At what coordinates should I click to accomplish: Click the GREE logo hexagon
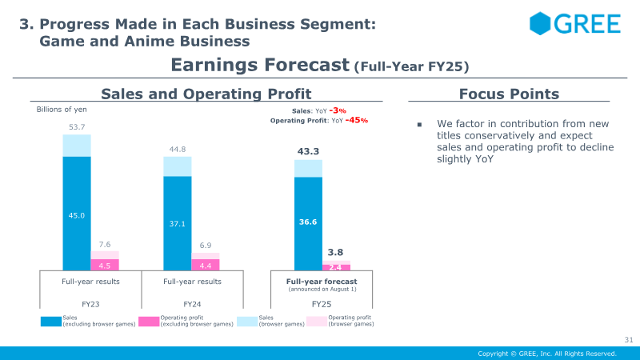point(540,23)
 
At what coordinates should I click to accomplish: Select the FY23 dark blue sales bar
point(77,213)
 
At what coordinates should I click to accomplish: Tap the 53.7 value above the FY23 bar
point(77,127)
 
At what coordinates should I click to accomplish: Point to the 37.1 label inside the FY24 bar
point(177,224)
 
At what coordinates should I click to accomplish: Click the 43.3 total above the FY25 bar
point(308,151)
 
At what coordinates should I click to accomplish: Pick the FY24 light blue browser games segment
point(178,166)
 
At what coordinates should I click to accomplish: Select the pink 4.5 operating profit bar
point(105,265)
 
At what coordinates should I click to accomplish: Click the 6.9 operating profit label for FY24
point(206,246)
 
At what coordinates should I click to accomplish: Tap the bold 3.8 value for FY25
point(335,252)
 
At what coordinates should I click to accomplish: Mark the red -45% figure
point(357,120)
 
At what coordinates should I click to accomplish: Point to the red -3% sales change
point(338,110)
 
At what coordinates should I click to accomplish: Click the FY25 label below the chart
point(322,304)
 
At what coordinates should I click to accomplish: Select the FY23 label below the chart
point(90,304)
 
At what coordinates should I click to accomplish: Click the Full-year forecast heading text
point(322,282)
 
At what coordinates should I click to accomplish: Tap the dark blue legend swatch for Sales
point(51,322)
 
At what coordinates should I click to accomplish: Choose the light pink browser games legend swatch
point(317,322)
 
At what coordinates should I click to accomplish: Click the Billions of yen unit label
point(62,110)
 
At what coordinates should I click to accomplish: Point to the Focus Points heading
point(509,94)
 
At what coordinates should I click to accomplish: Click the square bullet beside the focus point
point(419,125)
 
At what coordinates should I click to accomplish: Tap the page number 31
point(629,339)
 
